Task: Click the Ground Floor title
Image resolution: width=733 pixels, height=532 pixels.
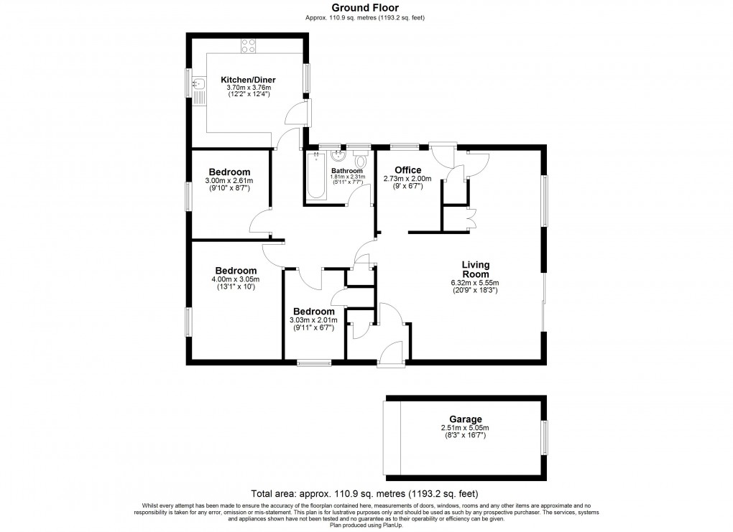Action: coord(365,8)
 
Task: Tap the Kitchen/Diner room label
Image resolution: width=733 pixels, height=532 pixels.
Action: coord(248,80)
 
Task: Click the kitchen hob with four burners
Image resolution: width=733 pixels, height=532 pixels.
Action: coord(249,45)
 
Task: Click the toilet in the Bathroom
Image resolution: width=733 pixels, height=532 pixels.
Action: coord(360,159)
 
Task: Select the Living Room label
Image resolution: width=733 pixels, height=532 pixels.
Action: coord(475,269)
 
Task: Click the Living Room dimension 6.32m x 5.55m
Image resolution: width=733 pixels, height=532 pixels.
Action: coord(475,282)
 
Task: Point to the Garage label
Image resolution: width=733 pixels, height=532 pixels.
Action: coord(464,420)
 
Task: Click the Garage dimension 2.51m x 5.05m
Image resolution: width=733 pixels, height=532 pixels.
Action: coord(464,429)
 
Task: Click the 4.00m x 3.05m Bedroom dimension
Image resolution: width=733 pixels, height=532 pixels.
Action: coord(234,279)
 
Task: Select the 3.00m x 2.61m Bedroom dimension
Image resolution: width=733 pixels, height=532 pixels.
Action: coord(229,180)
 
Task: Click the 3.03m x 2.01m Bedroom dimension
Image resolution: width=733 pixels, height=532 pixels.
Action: coord(312,320)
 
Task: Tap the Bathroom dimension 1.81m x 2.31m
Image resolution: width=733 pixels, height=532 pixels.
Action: coord(348,177)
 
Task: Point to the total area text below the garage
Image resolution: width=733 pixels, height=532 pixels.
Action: coord(365,493)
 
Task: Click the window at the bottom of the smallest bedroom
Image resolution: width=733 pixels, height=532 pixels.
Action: coord(313,363)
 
